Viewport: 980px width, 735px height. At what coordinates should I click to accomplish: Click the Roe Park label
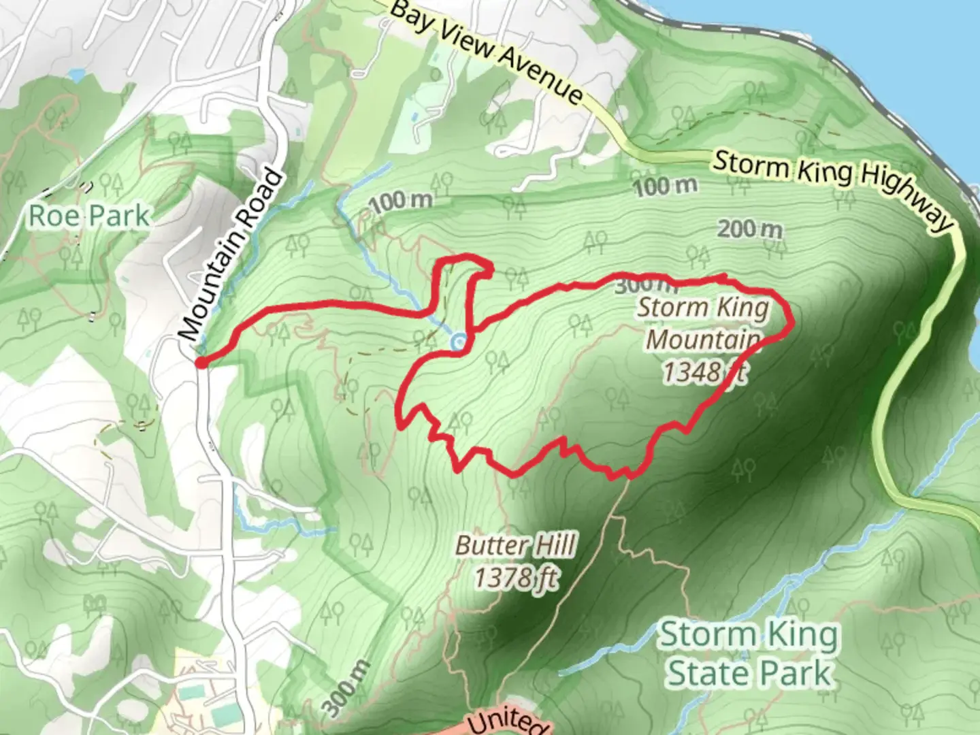[x=88, y=216]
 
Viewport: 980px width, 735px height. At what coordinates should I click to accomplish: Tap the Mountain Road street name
[x=231, y=255]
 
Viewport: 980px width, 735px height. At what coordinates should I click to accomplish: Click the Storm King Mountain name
[x=704, y=323]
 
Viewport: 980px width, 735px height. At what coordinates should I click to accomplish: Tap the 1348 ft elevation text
[x=704, y=372]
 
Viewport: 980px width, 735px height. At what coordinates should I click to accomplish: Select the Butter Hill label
[x=516, y=546]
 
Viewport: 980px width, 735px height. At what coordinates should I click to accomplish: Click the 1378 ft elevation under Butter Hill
[x=516, y=578]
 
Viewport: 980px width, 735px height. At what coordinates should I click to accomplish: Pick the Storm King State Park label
[x=749, y=653]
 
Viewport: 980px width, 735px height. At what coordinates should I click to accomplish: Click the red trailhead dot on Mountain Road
[x=201, y=363]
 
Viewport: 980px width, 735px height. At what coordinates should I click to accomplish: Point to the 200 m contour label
[x=750, y=229]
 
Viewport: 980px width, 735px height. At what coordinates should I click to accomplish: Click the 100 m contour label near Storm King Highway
[x=666, y=185]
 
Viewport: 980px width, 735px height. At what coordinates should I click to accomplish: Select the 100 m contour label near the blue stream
[x=402, y=201]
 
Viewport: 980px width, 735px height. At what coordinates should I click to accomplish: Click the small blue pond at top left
[x=77, y=74]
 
